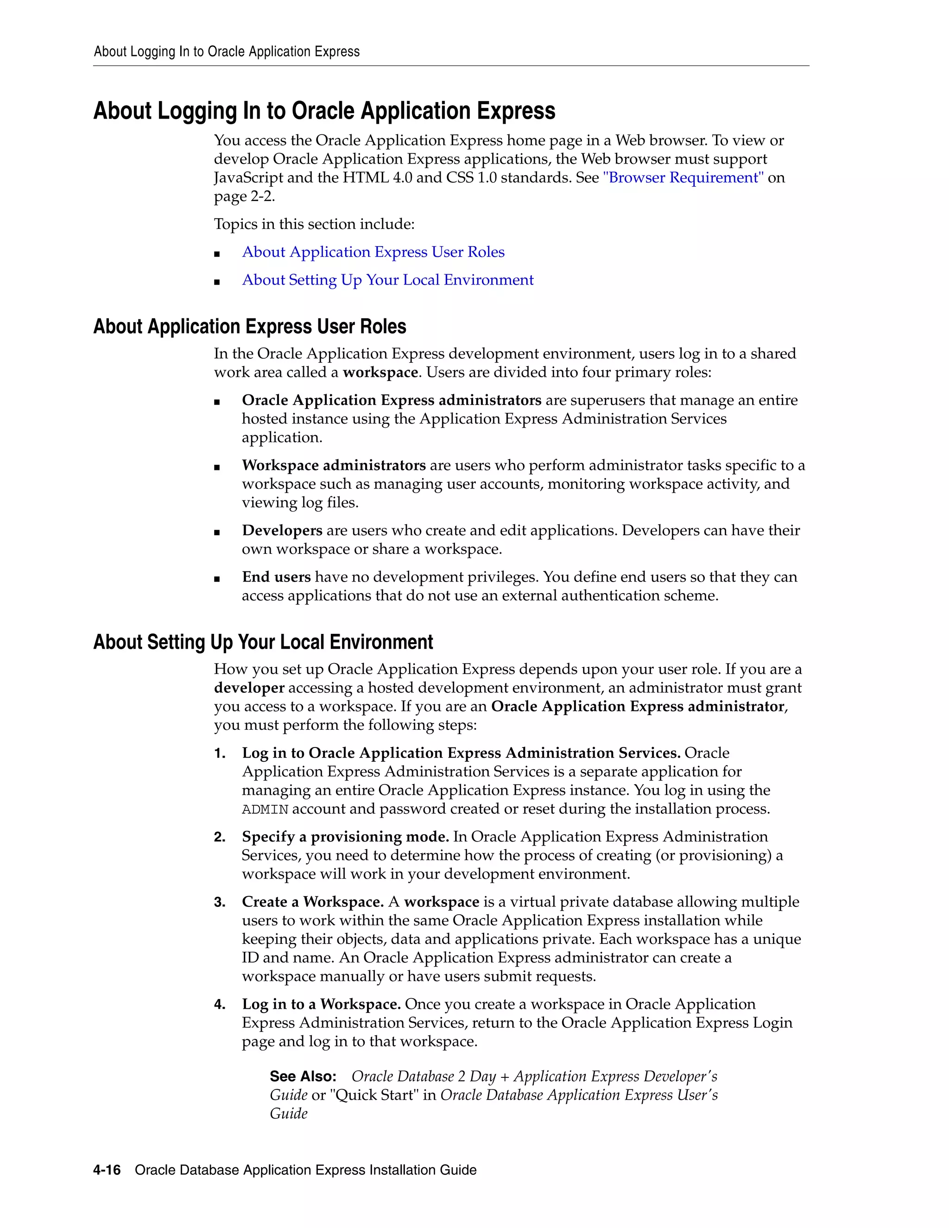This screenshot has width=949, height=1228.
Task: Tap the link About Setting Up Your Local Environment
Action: click(x=387, y=280)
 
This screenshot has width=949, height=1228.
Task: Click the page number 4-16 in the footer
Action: click(x=107, y=1170)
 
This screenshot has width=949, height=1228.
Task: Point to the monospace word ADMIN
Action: click(x=265, y=810)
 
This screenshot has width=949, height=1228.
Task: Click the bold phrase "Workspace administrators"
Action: click(x=333, y=466)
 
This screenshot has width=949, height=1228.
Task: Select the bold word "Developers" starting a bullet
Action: click(x=282, y=530)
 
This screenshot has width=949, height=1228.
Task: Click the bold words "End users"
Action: click(x=276, y=577)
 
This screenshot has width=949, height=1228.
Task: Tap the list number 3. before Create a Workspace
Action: click(x=219, y=902)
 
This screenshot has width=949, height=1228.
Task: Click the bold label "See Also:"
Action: click(x=303, y=1076)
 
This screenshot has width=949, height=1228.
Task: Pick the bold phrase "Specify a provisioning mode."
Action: click(x=345, y=836)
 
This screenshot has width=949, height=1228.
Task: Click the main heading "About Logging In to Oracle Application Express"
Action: click(x=324, y=111)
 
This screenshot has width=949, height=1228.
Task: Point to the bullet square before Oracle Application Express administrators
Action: click(x=217, y=401)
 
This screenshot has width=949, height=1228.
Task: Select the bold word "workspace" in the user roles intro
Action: click(x=380, y=372)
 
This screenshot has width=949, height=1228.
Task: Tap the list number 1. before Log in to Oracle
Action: click(x=219, y=753)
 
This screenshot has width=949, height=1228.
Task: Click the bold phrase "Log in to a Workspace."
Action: click(x=321, y=1004)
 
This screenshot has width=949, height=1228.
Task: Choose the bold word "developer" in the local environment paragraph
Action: click(x=248, y=688)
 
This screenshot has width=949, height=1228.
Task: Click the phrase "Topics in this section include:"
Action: click(x=314, y=224)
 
